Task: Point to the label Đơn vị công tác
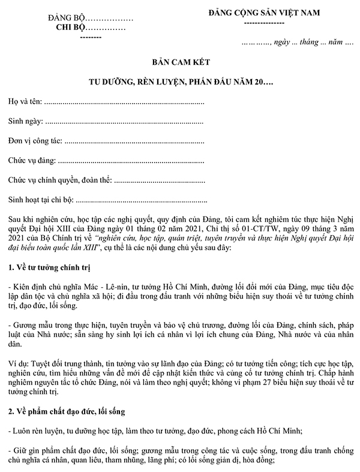click(35, 142)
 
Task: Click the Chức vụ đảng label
click(31, 161)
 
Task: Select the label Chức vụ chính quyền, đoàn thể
click(59, 180)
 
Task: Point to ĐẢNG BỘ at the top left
click(63, 18)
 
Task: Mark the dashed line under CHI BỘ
click(90, 37)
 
